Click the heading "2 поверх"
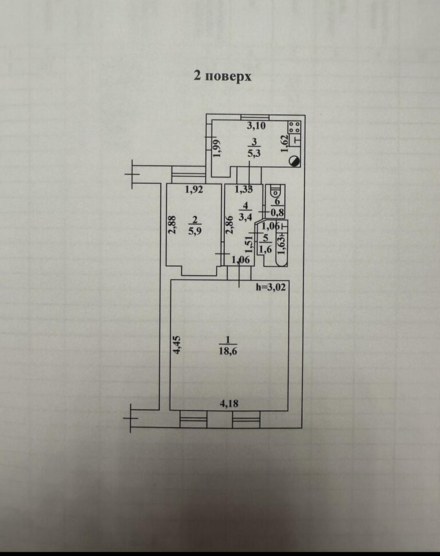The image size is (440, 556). [222, 77]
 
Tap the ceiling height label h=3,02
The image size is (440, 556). [271, 287]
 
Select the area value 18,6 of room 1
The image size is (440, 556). [228, 351]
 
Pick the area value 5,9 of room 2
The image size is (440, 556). [195, 231]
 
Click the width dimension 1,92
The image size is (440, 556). [194, 190]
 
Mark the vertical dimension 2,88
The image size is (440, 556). [172, 225]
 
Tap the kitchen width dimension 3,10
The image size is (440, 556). [256, 125]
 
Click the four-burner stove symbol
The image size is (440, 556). [295, 127]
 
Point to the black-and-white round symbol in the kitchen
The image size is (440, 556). [295, 161]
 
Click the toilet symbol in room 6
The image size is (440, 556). [275, 191]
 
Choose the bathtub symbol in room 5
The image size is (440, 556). [282, 243]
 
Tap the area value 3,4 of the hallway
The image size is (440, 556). [245, 217]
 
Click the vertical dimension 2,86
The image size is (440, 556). [230, 225]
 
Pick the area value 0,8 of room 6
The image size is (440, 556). [277, 212]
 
